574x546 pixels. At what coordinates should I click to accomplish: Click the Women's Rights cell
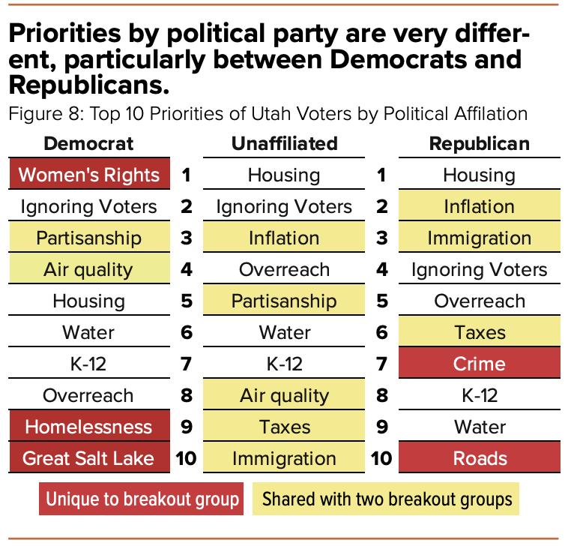click(x=88, y=175)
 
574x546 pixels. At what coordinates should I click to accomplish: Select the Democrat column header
click(x=88, y=143)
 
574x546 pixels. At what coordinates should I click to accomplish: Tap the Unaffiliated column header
click(x=284, y=143)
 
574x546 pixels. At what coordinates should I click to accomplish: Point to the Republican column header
click(x=479, y=143)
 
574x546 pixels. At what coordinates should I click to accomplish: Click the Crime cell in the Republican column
click(x=479, y=364)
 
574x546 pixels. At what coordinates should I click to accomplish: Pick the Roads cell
click(x=479, y=458)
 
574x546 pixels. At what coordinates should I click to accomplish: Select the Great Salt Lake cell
click(x=88, y=458)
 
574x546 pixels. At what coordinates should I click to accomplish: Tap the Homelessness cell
click(x=88, y=427)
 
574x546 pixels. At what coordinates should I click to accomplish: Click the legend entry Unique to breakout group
click(x=142, y=499)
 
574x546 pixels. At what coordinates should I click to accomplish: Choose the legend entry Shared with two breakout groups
click(x=387, y=499)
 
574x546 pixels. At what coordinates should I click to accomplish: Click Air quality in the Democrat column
click(x=88, y=269)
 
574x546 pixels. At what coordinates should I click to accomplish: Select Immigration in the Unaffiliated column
click(x=284, y=458)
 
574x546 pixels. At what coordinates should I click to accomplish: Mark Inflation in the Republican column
click(x=479, y=206)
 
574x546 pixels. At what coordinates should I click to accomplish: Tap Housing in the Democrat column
click(x=88, y=301)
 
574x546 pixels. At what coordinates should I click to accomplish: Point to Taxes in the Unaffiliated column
click(x=284, y=427)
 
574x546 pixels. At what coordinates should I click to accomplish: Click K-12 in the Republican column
click(x=479, y=395)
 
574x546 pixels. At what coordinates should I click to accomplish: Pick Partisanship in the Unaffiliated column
click(x=284, y=301)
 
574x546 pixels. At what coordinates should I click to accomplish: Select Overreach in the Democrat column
click(x=88, y=395)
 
